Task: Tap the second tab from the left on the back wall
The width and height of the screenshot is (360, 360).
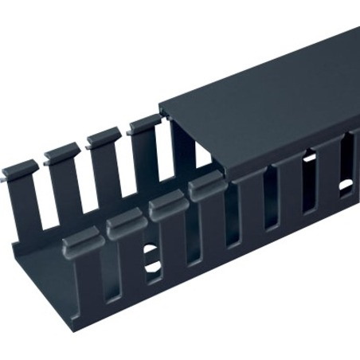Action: [62, 152]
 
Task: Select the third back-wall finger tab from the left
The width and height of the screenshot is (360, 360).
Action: [104, 136]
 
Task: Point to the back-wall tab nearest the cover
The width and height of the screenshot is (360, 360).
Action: [144, 122]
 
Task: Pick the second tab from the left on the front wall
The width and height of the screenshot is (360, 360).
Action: [125, 222]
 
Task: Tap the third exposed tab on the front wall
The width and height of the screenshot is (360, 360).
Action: [166, 206]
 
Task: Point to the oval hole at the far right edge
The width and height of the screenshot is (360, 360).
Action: [346, 186]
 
